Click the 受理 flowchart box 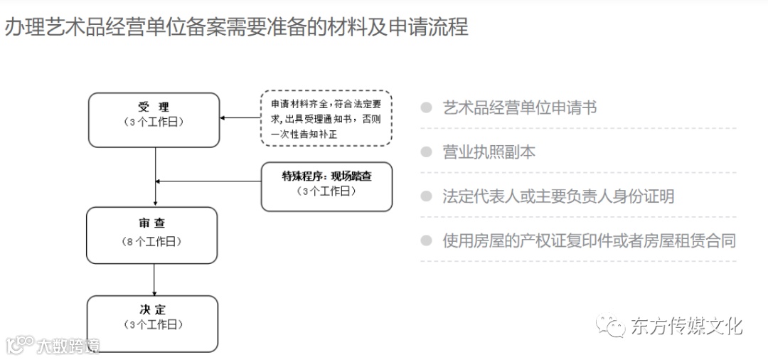[153, 120]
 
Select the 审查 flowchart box [151, 235]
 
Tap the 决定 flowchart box [151, 323]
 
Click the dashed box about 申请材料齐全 [326, 117]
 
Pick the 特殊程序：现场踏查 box [326, 186]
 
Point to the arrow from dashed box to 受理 [240, 118]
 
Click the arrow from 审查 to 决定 [155, 279]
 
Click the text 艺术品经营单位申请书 [519, 107]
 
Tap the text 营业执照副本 [489, 152]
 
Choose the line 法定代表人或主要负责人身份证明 [558, 196]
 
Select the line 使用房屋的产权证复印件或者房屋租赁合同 [589, 240]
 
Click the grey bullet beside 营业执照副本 [427, 152]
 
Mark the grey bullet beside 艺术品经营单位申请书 [427, 107]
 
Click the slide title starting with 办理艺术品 [236, 27]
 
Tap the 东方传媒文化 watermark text [686, 326]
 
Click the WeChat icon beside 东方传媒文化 [612, 327]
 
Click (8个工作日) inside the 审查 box [151, 242]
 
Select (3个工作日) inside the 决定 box [151, 325]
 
